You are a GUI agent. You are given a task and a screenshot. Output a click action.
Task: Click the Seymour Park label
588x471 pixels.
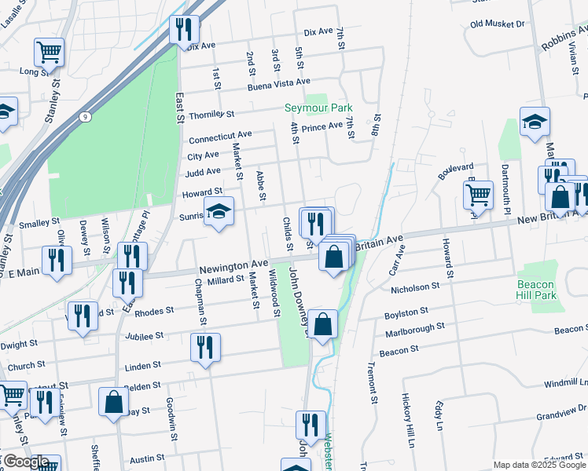pyautogui.click(x=318, y=108)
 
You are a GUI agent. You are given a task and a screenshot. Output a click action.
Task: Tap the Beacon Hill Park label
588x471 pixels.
pyautogui.click(x=536, y=290)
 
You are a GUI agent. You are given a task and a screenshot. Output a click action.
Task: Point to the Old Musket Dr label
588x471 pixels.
pyautogui.click(x=497, y=24)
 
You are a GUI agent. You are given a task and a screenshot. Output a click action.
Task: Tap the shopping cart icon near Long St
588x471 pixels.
pyautogui.click(x=49, y=53)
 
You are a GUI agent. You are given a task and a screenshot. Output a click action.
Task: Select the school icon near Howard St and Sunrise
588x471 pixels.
pyautogui.click(x=219, y=211)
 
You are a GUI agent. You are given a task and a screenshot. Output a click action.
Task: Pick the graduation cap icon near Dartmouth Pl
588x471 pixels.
pyautogui.click(x=535, y=121)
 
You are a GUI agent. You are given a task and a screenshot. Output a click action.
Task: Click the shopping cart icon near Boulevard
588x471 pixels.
pyautogui.click(x=477, y=195)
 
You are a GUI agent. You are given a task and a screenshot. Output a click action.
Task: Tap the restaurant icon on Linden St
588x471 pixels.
pyautogui.click(x=205, y=347)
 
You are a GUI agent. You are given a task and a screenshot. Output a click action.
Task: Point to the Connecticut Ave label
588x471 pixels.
pyautogui.click(x=220, y=137)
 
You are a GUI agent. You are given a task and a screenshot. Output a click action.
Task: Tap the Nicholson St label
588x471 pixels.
pyautogui.click(x=419, y=289)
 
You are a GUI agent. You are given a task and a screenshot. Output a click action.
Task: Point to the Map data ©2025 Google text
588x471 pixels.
pyautogui.click(x=539, y=465)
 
